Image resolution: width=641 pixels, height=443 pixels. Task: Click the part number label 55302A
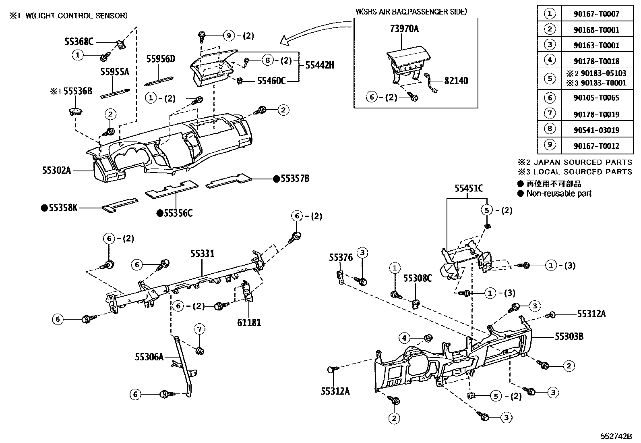(56, 171)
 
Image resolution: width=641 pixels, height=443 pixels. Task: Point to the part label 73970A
(404, 29)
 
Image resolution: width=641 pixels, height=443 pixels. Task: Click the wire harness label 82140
(456, 81)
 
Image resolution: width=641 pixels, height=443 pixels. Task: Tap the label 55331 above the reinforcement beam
(202, 254)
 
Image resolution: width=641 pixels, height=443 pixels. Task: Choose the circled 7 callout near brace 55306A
(199, 330)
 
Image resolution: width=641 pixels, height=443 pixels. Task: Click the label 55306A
(149, 357)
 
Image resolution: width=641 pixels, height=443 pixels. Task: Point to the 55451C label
(469, 188)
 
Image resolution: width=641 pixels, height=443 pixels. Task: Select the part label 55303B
(569, 336)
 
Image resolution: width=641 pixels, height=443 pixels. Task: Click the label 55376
(341, 257)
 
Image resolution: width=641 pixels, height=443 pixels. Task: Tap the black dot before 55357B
(276, 179)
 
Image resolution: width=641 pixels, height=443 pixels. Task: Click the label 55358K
(63, 208)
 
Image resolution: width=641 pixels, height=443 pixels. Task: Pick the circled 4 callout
(405, 337)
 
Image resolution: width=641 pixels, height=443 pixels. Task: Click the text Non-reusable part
(559, 193)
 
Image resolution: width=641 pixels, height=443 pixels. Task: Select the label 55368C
(79, 41)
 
